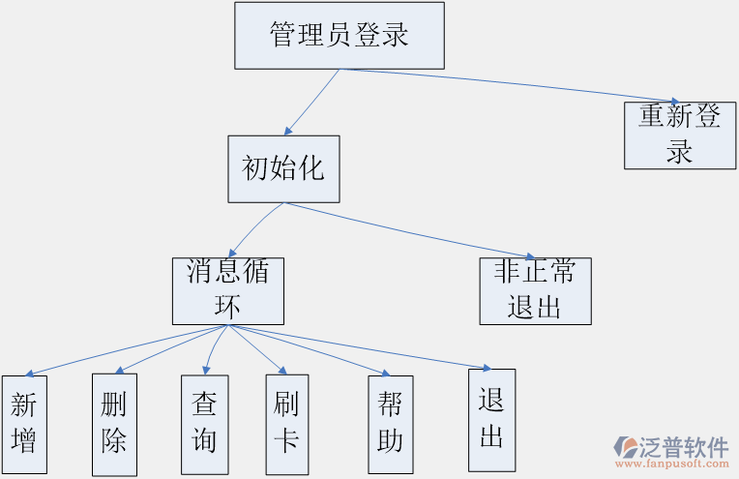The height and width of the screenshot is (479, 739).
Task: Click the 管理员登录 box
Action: [340, 36]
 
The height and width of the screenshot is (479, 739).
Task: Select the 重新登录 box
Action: [680, 135]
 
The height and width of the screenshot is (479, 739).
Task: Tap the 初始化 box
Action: [283, 168]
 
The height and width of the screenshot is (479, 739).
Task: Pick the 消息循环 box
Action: [228, 290]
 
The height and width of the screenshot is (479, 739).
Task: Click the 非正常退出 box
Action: [535, 290]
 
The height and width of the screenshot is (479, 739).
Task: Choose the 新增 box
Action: [23, 424]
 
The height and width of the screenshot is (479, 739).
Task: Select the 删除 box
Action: [114, 424]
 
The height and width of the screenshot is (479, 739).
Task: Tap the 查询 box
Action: [204, 424]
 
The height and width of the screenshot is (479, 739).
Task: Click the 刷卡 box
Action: [286, 424]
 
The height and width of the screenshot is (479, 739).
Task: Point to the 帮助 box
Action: [390, 424]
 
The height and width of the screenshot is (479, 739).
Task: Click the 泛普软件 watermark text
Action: [685, 446]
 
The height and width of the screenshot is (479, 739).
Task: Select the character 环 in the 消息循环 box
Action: [228, 307]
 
